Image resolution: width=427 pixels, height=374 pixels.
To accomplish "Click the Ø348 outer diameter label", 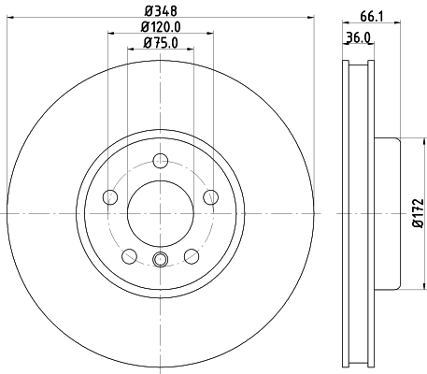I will pyautogui.click(x=160, y=11).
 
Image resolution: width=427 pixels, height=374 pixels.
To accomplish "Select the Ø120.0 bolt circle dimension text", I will pyautogui.click(x=161, y=27).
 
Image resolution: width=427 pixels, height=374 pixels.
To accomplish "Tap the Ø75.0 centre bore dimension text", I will pyautogui.click(x=160, y=43).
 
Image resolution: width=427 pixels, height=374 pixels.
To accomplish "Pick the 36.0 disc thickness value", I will pyautogui.click(x=357, y=38).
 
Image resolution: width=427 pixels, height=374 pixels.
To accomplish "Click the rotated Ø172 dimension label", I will pyautogui.click(x=419, y=213).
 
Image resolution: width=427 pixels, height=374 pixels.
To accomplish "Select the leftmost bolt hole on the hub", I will pyautogui.click(x=109, y=196).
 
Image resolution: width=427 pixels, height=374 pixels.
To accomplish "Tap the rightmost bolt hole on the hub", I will pyautogui.click(x=211, y=196).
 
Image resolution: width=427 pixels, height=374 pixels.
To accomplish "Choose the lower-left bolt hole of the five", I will pyautogui.click(x=129, y=255).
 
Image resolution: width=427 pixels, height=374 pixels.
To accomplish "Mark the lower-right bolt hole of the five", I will pyautogui.click(x=192, y=255).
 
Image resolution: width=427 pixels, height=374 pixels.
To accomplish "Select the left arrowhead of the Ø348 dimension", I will pyautogui.click(x=9, y=19).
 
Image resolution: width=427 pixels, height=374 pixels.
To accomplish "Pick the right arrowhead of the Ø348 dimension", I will pyautogui.click(x=309, y=19).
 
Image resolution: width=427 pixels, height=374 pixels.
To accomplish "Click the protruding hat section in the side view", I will pyautogui.click(x=387, y=213).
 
